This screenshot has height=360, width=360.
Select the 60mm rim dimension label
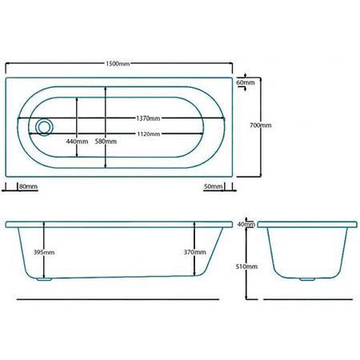(x=246, y=82)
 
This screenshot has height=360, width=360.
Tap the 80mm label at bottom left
(x=29, y=186)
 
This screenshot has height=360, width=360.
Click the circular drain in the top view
(x=43, y=126)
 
